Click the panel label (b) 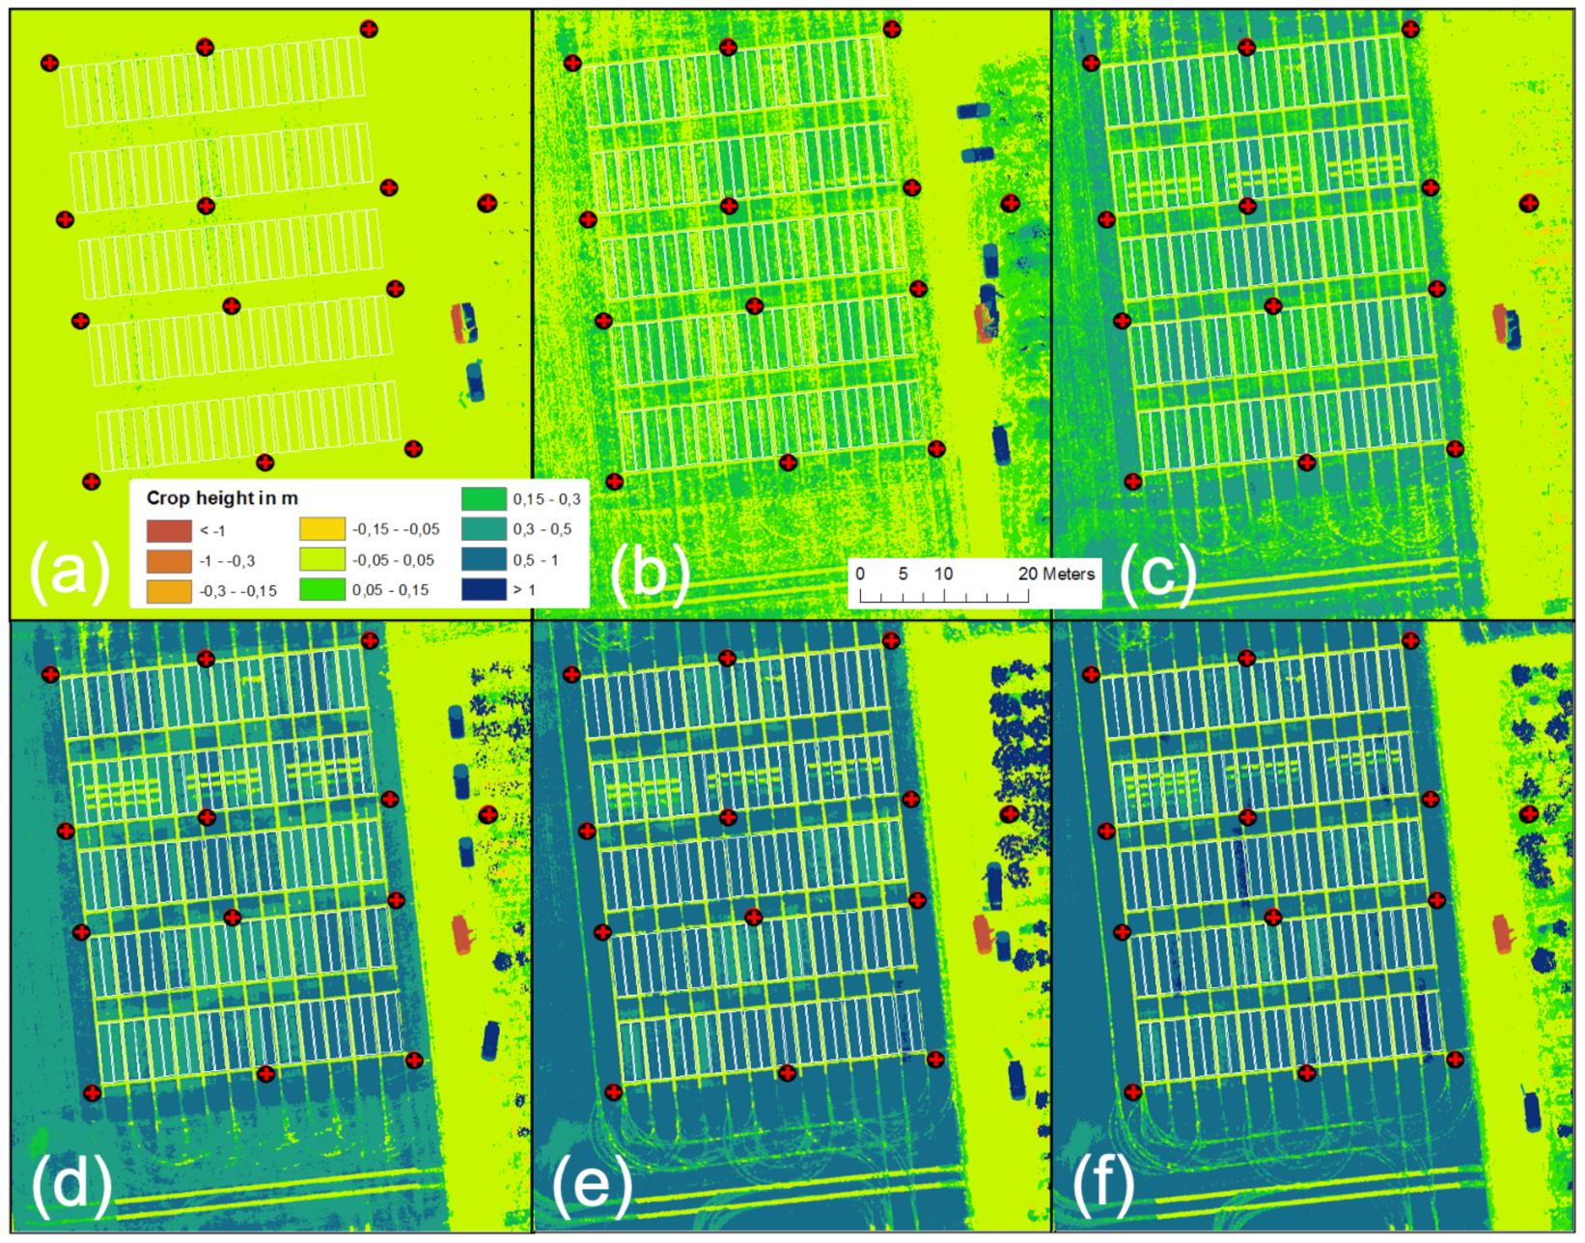[x=650, y=572]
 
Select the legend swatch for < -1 [x=169, y=531]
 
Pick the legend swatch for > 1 [x=484, y=589]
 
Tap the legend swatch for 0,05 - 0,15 [x=322, y=589]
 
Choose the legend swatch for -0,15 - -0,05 [x=322, y=529]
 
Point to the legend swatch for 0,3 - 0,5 [x=484, y=529]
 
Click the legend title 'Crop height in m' [x=222, y=498]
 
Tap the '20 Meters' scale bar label [x=1056, y=574]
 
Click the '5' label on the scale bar [x=903, y=574]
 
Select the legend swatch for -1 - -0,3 [x=169, y=561]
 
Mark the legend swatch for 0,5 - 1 [x=484, y=559]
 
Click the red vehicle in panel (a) [x=459, y=324]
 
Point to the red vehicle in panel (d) [x=462, y=934]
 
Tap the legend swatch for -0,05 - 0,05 [x=322, y=559]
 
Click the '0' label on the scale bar [x=860, y=574]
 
